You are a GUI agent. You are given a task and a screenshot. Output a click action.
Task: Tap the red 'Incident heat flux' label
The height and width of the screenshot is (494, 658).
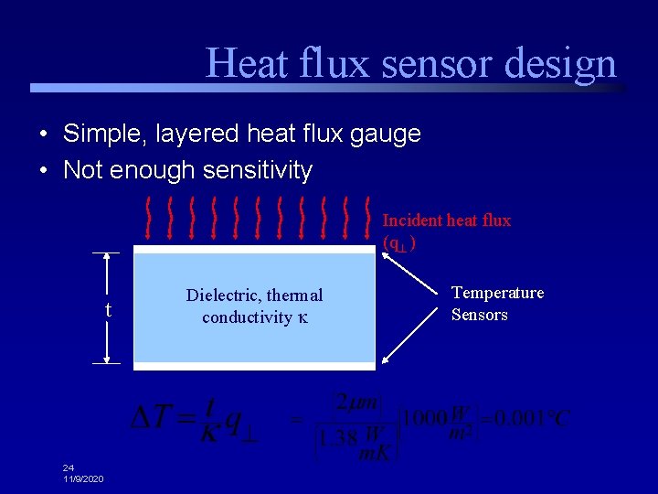(446, 220)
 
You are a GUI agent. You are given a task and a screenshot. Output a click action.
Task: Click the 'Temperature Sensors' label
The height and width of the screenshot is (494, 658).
(497, 304)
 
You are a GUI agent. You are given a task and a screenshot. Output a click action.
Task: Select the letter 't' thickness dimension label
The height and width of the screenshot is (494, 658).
(108, 311)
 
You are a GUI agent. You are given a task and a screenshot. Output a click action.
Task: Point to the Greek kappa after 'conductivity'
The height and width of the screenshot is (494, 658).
(302, 318)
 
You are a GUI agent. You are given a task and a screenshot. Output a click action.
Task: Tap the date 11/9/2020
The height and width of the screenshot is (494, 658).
(83, 479)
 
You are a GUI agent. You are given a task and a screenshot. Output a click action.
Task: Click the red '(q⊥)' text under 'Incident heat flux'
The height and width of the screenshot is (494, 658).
(400, 242)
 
